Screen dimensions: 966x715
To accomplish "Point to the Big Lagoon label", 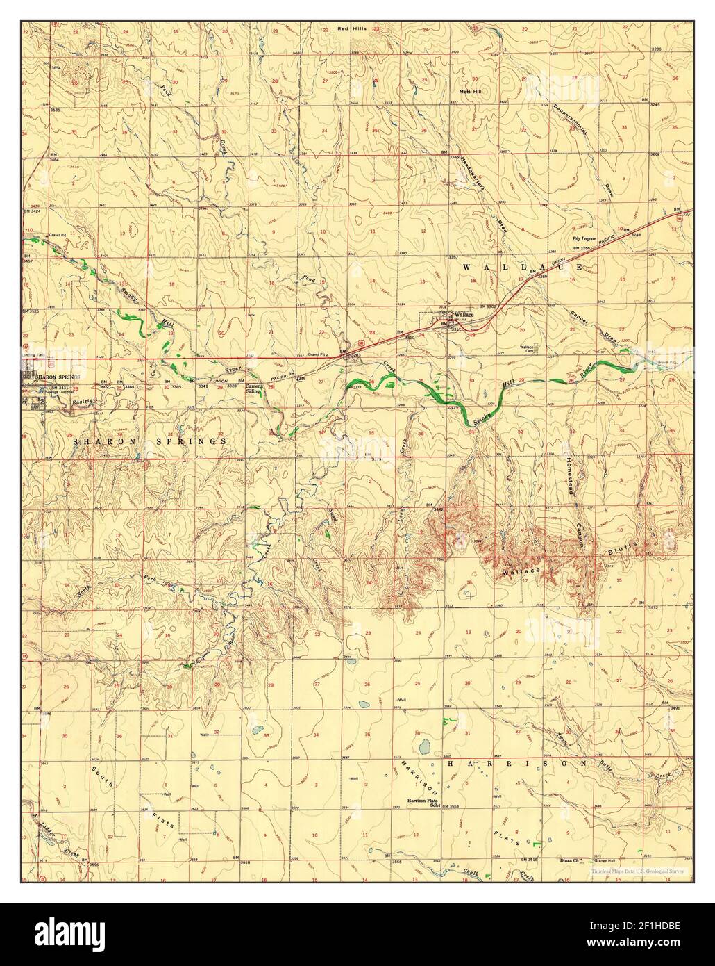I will (584, 238).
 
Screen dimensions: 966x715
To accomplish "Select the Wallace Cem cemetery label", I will (531, 349).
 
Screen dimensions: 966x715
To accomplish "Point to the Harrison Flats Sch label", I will (425, 802).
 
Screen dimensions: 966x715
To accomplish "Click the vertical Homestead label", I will (573, 477).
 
